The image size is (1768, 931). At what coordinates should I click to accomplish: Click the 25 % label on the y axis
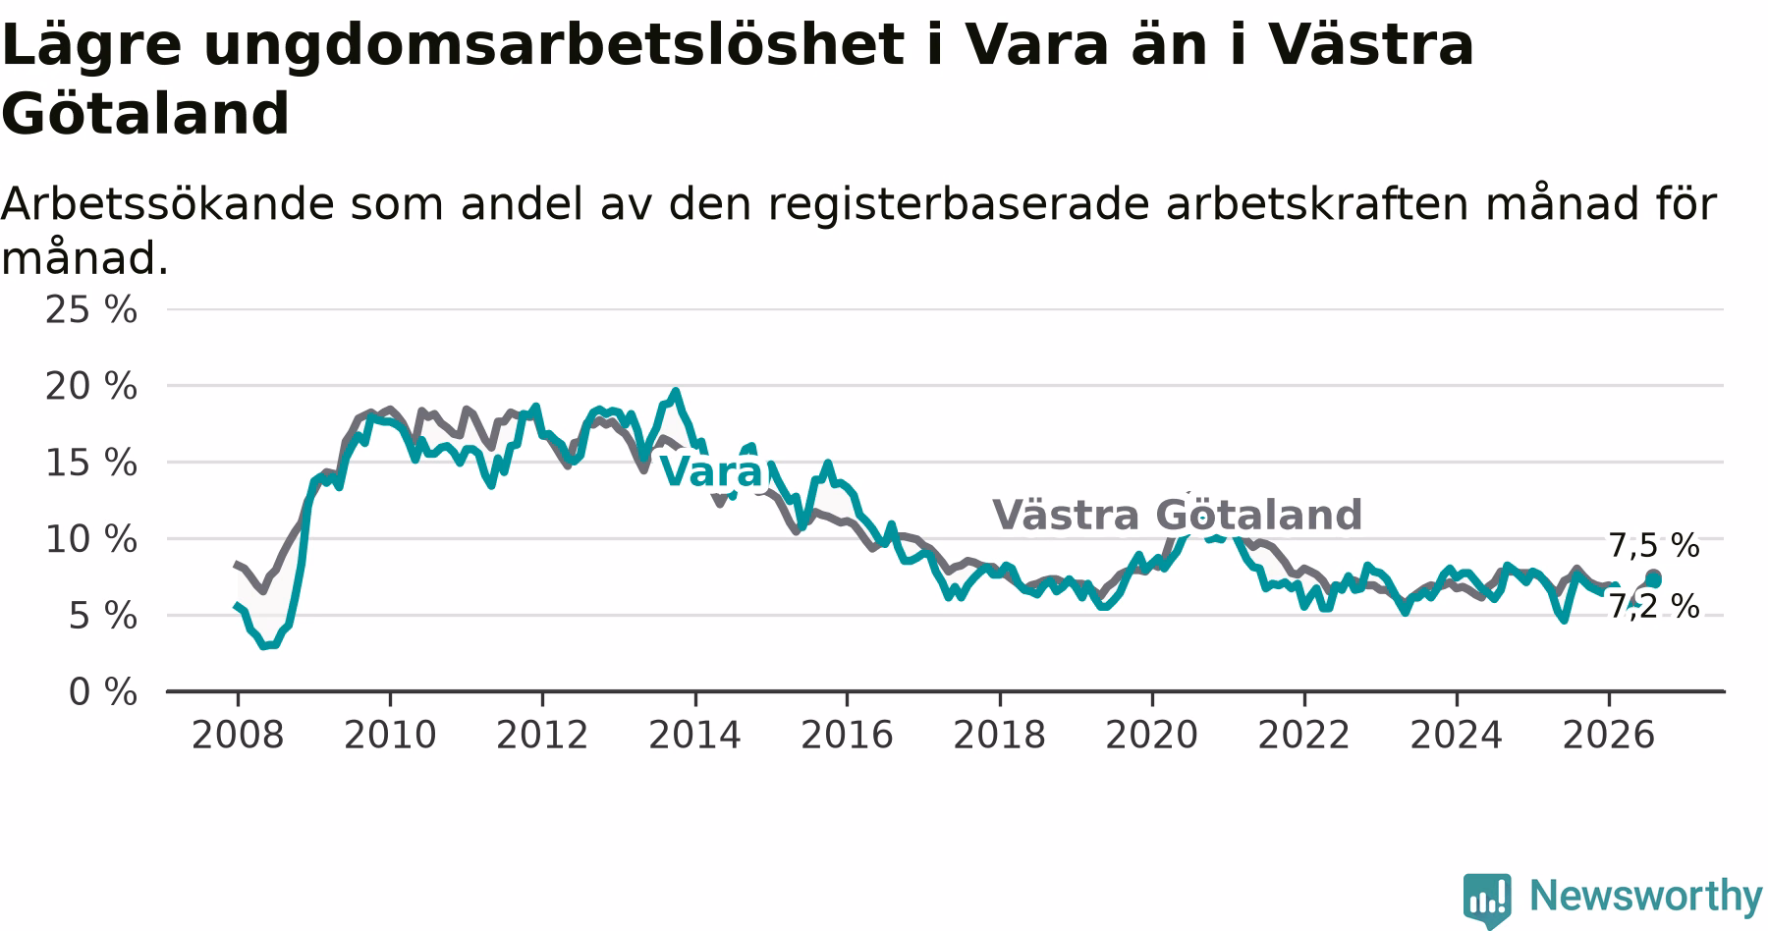tap(91, 309)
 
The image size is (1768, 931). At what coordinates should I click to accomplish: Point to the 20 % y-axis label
tap(91, 386)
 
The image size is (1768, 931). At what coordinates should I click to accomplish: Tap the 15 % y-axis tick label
tap(91, 463)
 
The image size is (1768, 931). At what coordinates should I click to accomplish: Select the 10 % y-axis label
tap(91, 539)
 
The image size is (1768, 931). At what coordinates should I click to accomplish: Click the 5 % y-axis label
tap(103, 616)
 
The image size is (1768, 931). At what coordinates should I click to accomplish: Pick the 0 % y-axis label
tap(103, 692)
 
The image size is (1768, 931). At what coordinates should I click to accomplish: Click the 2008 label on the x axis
tap(238, 735)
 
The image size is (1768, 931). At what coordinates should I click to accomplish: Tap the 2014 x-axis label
tap(694, 735)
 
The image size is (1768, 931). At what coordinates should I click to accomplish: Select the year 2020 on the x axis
tap(1152, 735)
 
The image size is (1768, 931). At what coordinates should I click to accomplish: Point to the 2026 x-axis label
tap(1609, 735)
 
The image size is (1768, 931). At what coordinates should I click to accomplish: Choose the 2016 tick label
tap(847, 735)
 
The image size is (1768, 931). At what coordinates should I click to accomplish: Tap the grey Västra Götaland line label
tap(1177, 515)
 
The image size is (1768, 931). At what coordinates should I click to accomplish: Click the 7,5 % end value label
tap(1654, 545)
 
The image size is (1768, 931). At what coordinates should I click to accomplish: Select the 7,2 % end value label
tap(1654, 607)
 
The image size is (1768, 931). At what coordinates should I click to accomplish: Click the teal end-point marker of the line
tap(1654, 580)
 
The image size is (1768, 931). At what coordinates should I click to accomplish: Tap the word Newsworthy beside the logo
tap(1646, 896)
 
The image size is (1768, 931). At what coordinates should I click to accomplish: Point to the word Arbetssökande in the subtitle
tap(168, 204)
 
